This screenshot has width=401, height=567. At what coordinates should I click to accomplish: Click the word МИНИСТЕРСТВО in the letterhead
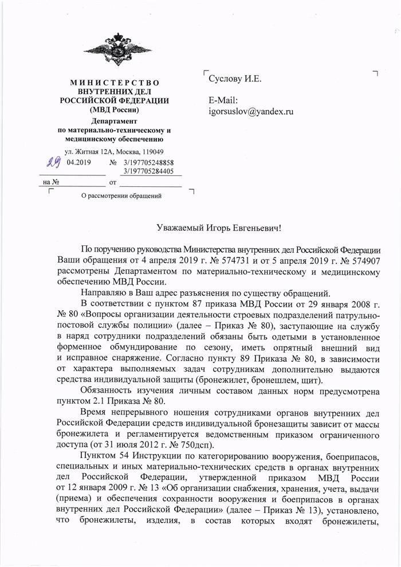click(114, 83)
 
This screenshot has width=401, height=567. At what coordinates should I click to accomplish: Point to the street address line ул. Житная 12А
click(114, 152)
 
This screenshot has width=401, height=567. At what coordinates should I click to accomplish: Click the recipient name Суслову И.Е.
click(235, 79)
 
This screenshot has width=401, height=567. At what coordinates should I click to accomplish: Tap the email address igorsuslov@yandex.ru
click(251, 111)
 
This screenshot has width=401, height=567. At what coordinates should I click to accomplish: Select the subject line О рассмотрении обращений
click(121, 196)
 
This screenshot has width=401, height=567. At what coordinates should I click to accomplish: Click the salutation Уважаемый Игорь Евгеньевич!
click(219, 228)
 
